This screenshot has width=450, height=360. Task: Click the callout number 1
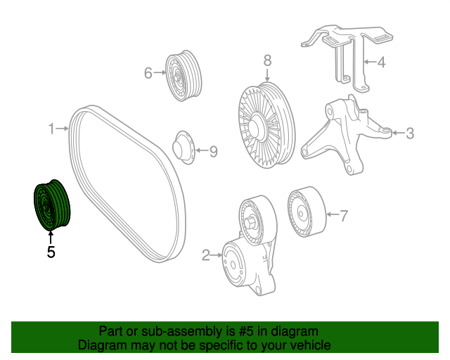pyautogui.click(x=51, y=129)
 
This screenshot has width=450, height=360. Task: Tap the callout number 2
pyautogui.click(x=206, y=256)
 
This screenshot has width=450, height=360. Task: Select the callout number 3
pyautogui.click(x=410, y=132)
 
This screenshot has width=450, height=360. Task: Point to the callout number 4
pyautogui.click(x=381, y=63)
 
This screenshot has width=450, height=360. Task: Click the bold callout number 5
pyautogui.click(x=51, y=251)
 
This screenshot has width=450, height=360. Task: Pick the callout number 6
pyautogui.click(x=148, y=72)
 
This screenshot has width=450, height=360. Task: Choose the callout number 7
pyautogui.click(x=344, y=216)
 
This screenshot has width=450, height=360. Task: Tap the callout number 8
pyautogui.click(x=267, y=61)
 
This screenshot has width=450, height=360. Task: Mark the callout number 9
pyautogui.click(x=214, y=150)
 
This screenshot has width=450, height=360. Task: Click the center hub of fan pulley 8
pyautogui.click(x=255, y=124)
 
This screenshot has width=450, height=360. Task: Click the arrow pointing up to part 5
pyautogui.click(x=51, y=236)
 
